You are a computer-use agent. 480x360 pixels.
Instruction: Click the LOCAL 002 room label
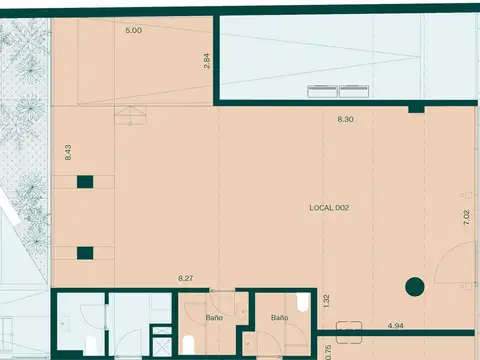pos(328,208)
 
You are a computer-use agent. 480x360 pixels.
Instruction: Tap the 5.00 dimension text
pos(133,31)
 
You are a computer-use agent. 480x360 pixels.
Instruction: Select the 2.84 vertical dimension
pos(207,60)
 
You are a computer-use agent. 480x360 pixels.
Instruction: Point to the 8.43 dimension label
pos(68,152)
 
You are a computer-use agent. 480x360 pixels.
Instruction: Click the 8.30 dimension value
pos(345,119)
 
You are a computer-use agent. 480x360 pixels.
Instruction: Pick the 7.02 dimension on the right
pos(466,220)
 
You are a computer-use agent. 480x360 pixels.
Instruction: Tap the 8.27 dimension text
pos(186,279)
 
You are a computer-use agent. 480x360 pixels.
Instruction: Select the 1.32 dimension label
pos(325,299)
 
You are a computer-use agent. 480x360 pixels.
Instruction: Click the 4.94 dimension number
pos(395,325)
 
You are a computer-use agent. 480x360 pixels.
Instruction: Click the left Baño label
pos(214,317)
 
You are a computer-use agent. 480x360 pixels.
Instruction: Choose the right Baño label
pos(279,317)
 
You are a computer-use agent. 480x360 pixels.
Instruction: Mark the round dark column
pos(415,289)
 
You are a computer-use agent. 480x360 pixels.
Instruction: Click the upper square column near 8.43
pos(86,181)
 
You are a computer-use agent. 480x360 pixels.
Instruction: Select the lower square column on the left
pos(86,252)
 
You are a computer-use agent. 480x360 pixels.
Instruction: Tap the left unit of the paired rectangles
pos(322,91)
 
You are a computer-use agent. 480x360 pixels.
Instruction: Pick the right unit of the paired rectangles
pos(354,91)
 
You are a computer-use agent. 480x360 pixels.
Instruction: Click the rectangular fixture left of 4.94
pos(349,324)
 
